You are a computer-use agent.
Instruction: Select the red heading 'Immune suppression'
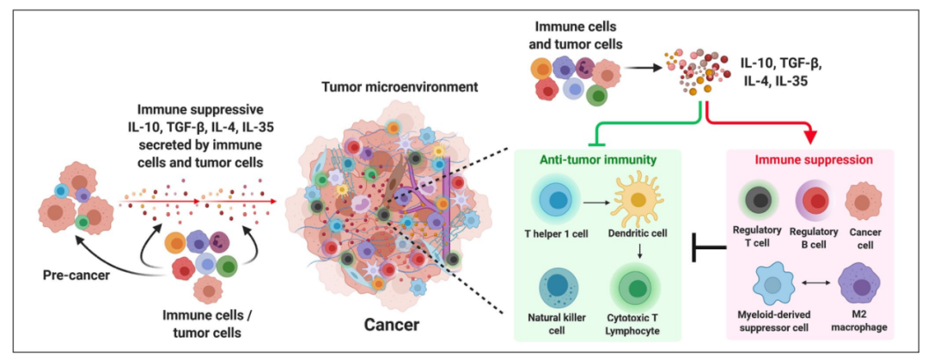point(813,160)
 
